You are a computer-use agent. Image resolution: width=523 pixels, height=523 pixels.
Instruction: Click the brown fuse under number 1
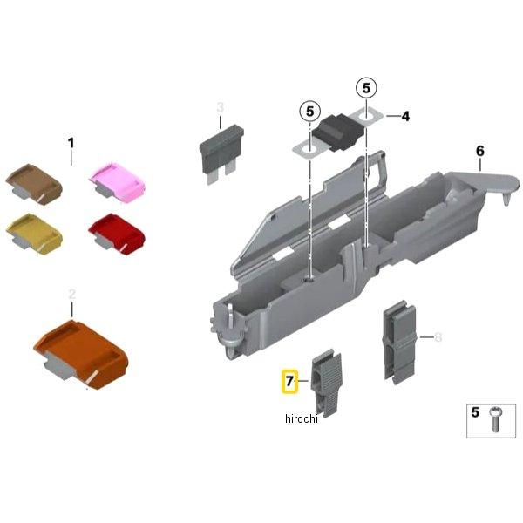point(34,183)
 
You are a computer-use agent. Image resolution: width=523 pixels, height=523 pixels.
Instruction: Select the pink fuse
point(118,182)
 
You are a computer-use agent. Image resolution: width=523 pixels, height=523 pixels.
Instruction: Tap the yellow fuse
point(34,234)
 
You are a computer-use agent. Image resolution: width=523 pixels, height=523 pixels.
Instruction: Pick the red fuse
point(117,234)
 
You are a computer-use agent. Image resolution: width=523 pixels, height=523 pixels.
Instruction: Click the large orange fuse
point(81,354)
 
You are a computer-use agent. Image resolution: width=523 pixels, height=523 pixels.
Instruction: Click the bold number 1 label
point(71,144)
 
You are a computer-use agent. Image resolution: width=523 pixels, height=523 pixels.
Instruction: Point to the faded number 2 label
point(71,295)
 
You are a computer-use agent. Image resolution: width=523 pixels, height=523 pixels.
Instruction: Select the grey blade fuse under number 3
point(221,154)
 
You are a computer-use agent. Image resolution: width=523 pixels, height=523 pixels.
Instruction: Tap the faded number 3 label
point(221,107)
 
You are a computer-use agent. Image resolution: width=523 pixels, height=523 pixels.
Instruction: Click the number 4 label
point(405,117)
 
